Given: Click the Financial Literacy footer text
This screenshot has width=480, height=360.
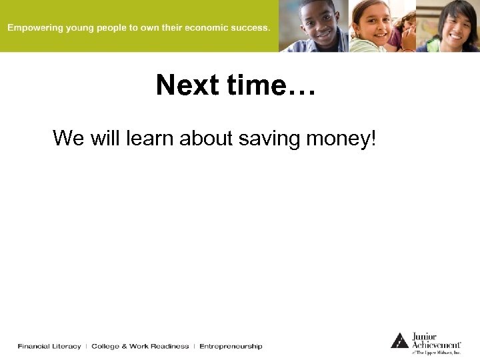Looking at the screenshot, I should coord(49,346).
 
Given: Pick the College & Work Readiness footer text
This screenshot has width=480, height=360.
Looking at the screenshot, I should coord(140,346).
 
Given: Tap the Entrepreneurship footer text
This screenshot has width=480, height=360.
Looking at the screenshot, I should coord(231,346).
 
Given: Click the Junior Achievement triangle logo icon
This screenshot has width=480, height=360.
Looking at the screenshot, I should coord(399,340).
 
